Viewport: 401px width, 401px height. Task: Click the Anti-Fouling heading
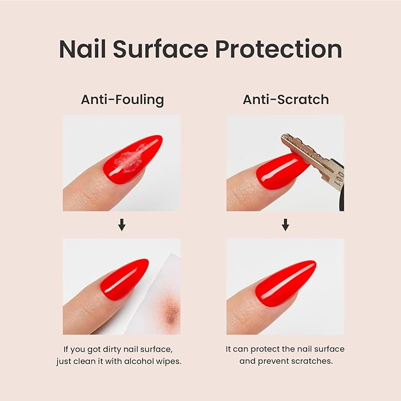[122, 100]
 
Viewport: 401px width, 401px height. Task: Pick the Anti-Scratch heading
[286, 100]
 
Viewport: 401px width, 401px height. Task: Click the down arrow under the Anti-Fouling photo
[122, 225]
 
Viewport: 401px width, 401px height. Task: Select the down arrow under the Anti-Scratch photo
[285, 225]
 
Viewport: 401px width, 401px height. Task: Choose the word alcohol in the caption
[138, 361]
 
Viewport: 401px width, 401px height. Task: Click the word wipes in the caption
[168, 361]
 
